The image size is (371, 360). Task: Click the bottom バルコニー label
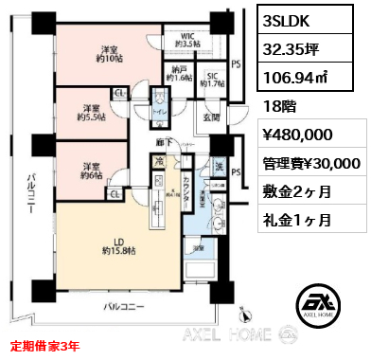tap(124, 307)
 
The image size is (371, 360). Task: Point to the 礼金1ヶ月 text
tap(299, 220)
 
